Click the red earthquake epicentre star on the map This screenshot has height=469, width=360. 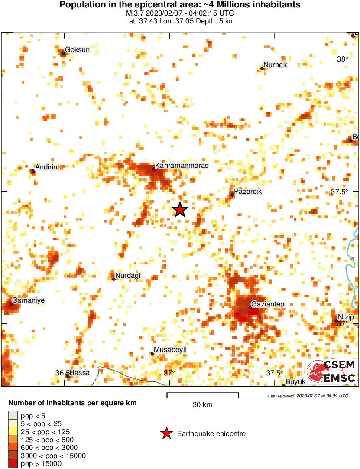180,210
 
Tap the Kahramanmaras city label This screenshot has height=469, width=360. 182,166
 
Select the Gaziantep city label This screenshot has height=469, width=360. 268,304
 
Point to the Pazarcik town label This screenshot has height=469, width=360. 248,192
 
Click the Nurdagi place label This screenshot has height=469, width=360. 128,276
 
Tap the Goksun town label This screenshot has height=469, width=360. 77,50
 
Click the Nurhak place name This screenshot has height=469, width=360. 275,65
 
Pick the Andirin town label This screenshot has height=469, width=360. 46,167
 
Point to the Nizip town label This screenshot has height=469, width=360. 346,317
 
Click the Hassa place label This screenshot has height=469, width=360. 80,373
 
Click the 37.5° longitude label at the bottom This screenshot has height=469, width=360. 274,373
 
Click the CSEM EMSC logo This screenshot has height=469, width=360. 331,371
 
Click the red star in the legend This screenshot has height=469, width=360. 166,433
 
